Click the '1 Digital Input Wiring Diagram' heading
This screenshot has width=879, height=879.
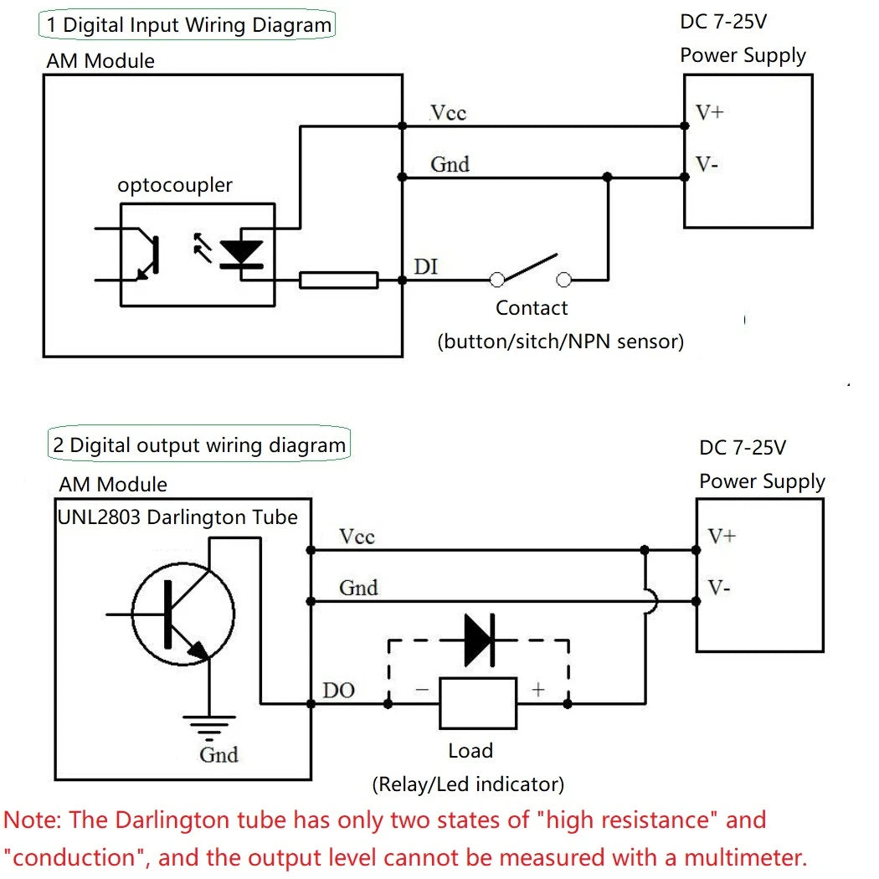[x=188, y=24]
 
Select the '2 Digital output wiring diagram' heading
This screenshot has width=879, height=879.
[x=198, y=445]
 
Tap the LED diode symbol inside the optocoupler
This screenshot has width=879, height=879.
[x=241, y=251]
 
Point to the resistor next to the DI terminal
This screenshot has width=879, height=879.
[x=338, y=280]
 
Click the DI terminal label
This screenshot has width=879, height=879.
[x=425, y=267]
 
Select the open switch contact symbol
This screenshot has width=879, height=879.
[x=530, y=270]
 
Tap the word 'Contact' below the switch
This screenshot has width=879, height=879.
[x=532, y=308]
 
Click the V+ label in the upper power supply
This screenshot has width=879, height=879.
[x=709, y=111]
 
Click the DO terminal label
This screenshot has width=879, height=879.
[x=339, y=691]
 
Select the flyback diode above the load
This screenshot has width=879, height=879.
[x=479, y=640]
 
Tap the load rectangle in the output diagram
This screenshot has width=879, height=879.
[x=478, y=703]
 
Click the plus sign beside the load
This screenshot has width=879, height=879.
[x=538, y=689]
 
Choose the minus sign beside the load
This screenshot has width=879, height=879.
[x=421, y=689]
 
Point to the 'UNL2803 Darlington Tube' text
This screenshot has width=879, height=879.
[x=177, y=517]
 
